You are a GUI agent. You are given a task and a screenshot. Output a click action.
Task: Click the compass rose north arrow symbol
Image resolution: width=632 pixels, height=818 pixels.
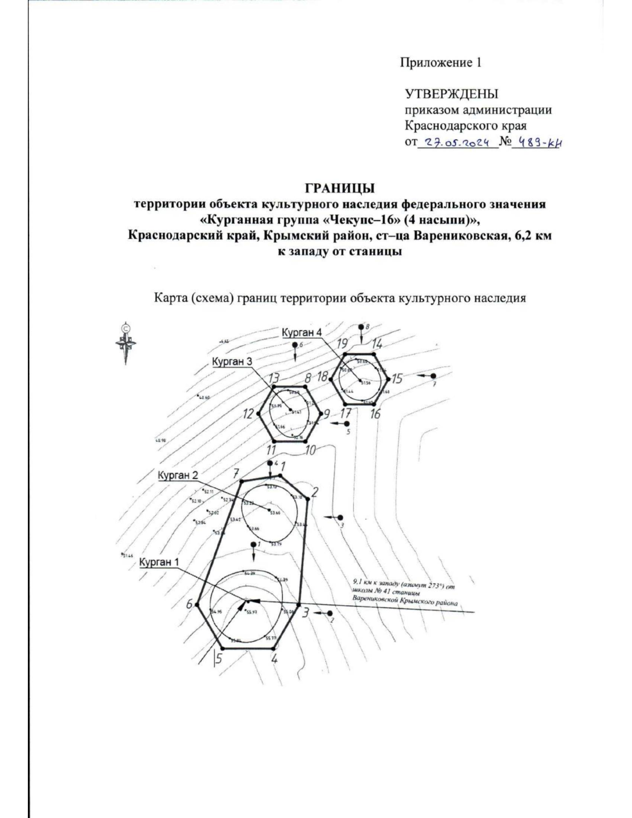click(126, 342)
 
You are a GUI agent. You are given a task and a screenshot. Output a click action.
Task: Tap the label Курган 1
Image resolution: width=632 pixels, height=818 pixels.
click(159, 562)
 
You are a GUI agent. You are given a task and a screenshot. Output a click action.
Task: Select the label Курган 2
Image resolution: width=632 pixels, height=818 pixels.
click(178, 475)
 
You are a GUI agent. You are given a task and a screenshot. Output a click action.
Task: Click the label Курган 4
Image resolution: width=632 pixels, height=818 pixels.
click(301, 333)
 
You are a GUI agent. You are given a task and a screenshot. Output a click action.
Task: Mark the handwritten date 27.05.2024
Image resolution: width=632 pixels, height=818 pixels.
click(457, 142)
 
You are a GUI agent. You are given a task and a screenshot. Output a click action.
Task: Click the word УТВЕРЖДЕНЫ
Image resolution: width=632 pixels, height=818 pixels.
click(451, 94)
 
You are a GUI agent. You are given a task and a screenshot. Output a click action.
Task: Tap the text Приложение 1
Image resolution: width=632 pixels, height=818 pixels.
click(441, 63)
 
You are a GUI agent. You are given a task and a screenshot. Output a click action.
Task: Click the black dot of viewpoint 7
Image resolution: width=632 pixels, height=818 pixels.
click(433, 376)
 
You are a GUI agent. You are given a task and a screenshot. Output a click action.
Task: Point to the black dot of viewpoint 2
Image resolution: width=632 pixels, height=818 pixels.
click(330, 613)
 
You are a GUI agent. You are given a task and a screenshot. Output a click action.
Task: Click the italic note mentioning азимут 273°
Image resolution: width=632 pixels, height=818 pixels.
click(403, 592)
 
